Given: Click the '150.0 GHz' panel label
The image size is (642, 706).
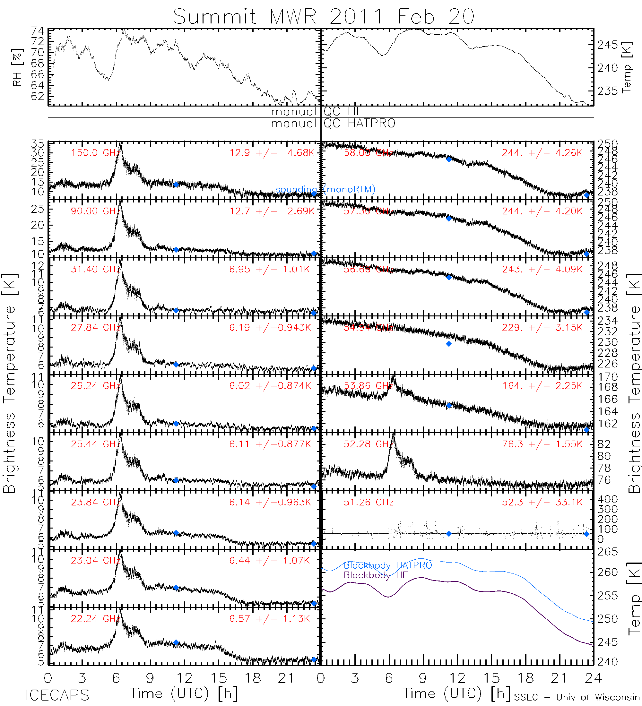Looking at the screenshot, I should [x=96, y=153].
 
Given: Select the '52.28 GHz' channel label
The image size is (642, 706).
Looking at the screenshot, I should [x=369, y=444].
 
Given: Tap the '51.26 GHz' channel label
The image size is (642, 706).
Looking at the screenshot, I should [x=369, y=502].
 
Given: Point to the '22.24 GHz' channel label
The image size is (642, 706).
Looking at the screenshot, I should [x=96, y=618].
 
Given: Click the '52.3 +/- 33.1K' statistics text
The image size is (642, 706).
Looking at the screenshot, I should [x=542, y=502].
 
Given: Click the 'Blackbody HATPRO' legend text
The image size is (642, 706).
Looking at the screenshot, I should [x=388, y=565].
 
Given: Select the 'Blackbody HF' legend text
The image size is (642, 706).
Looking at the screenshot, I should [x=376, y=575].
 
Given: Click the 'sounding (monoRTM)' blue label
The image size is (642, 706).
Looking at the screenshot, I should [x=325, y=189].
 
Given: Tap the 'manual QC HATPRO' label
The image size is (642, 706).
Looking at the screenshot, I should [x=333, y=123].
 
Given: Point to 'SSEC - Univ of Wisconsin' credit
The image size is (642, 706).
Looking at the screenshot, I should [x=577, y=697].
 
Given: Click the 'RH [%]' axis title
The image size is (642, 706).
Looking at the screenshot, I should [x=17, y=67].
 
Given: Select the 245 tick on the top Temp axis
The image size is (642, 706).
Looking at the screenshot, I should [x=608, y=45].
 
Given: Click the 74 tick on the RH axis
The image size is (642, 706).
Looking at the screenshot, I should [x=38, y=31].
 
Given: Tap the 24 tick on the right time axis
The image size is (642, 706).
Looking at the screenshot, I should [x=593, y=678].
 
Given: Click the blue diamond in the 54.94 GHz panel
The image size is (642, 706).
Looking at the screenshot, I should [x=449, y=344].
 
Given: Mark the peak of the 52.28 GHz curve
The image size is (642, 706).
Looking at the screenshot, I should [x=393, y=435].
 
